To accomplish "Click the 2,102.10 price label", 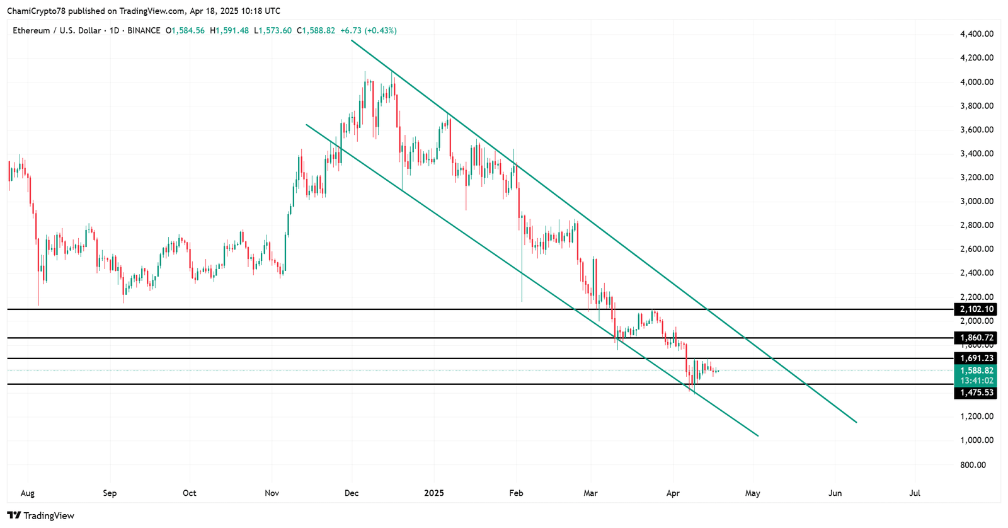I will click(x=976, y=309).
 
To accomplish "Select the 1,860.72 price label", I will click(x=976, y=338).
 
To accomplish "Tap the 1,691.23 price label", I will click(x=976, y=359).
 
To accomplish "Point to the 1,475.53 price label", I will click(x=976, y=393).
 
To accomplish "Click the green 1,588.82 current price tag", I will click(x=976, y=371).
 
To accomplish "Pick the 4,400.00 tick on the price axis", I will click(x=976, y=34).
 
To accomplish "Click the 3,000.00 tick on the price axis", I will click(x=976, y=202).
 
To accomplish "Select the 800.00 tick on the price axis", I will click(x=973, y=465).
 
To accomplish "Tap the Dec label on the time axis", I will click(x=352, y=493).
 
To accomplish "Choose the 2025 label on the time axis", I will click(x=434, y=493).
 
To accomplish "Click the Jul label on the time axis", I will click(x=915, y=493).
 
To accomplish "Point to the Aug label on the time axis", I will click(x=27, y=493).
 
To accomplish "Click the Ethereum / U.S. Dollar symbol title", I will click(x=57, y=30).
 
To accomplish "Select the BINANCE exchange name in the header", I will click(x=144, y=30).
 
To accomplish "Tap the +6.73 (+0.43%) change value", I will click(x=369, y=30).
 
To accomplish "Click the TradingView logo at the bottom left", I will click(x=41, y=515).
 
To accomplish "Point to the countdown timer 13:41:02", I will click(x=976, y=381).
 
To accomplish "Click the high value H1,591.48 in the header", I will click(x=229, y=30).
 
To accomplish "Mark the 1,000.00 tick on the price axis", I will click(x=976, y=440).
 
